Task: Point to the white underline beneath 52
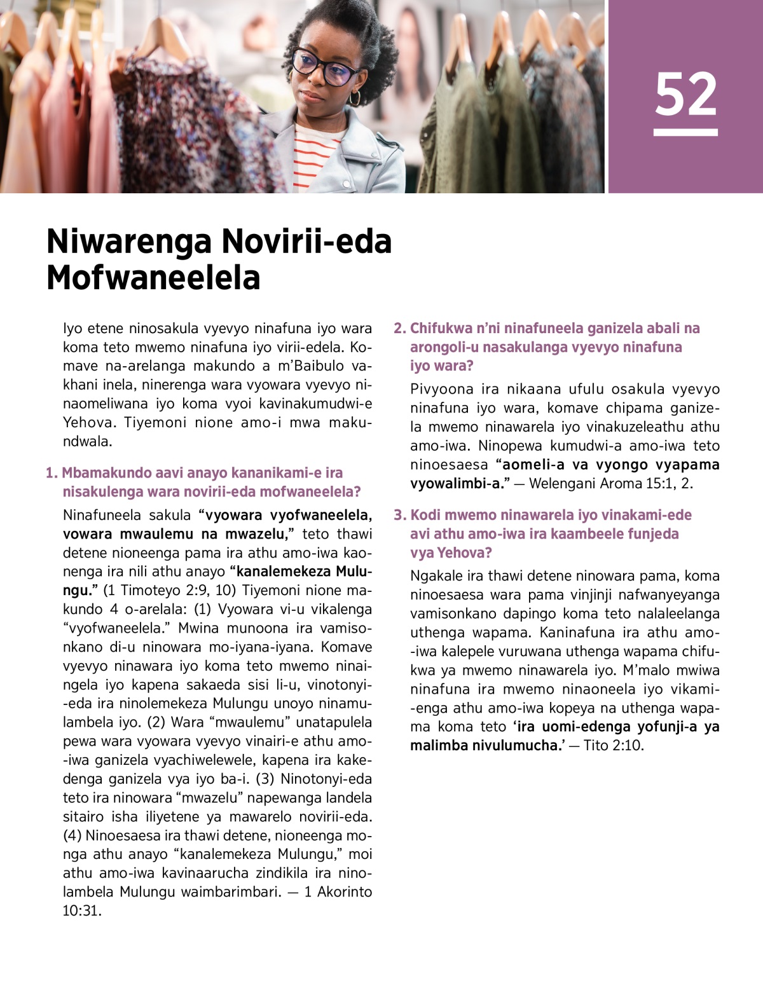click(685, 132)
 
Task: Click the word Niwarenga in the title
click(129, 242)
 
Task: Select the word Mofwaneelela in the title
click(153, 278)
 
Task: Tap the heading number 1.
click(51, 473)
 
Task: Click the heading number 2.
click(399, 329)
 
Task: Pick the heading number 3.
click(399, 516)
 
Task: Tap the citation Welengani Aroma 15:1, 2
click(610, 484)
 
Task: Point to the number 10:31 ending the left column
click(81, 911)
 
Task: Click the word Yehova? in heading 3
click(451, 553)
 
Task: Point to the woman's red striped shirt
click(313, 158)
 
